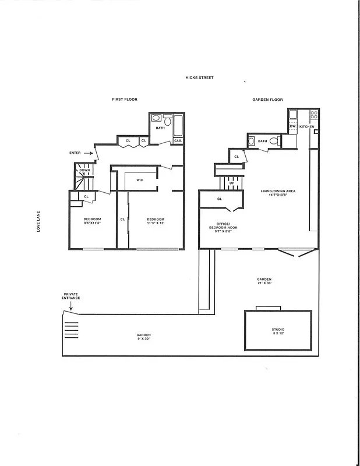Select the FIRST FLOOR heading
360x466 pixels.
(x=124, y=100)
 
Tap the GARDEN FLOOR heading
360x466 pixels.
(x=267, y=100)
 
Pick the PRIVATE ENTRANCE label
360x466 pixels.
(x=72, y=296)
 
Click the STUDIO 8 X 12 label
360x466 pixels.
(x=278, y=331)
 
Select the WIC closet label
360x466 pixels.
(x=140, y=180)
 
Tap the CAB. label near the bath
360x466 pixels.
(x=178, y=140)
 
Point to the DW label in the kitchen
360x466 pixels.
(x=292, y=126)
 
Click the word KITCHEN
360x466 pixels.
(x=307, y=126)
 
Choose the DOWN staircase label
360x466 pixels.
(x=84, y=170)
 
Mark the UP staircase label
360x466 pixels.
(x=232, y=183)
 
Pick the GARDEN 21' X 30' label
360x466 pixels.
(x=265, y=281)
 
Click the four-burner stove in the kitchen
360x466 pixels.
(x=314, y=115)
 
